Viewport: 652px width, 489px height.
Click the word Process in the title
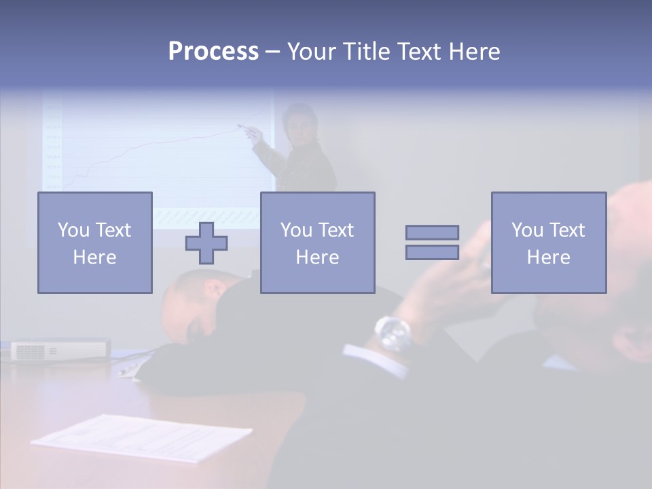point(213,52)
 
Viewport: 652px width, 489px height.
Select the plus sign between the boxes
point(206,243)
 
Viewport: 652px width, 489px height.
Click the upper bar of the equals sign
point(432,232)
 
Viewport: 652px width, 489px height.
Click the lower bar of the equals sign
point(432,252)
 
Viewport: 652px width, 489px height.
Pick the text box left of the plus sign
point(94,242)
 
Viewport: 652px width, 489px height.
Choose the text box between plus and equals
point(317,242)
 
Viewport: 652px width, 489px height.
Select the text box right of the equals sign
point(548,242)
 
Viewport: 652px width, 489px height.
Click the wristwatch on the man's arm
point(393,333)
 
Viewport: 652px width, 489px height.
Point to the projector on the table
point(60,349)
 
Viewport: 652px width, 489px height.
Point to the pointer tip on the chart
point(239,126)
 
